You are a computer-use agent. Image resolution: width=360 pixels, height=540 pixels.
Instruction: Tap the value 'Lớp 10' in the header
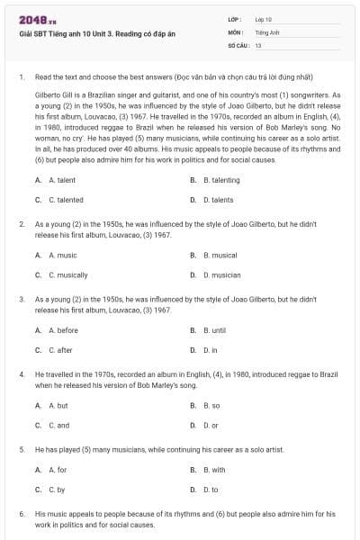click(264, 19)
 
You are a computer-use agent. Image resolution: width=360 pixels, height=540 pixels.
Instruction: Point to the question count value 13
click(258, 44)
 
